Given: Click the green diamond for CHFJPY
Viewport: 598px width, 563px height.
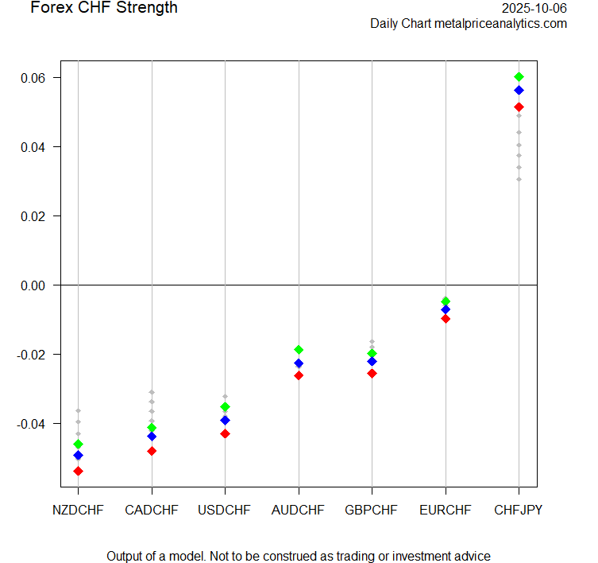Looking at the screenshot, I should tap(519, 76).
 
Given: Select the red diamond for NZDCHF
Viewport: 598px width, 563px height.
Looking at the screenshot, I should tap(78, 471).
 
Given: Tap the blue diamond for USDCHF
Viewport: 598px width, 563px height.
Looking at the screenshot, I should tap(225, 420).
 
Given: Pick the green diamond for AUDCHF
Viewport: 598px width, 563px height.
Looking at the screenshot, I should tap(299, 349).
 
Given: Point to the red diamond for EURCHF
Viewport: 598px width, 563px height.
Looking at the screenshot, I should tap(446, 318).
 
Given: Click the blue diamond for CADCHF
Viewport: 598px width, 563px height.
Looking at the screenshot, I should tap(152, 436).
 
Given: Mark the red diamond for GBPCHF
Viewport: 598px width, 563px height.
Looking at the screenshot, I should tap(372, 373).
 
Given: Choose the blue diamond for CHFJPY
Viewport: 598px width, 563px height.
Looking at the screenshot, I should tap(519, 90).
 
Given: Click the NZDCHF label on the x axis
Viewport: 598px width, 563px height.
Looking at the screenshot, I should tap(78, 510).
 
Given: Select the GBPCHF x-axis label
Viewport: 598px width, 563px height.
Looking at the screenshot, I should tap(372, 510).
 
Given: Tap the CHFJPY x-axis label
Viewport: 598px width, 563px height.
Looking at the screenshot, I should tap(519, 510).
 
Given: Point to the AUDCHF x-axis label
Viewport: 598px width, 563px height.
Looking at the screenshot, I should tap(299, 510).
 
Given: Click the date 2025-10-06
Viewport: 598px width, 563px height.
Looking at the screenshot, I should tap(534, 8).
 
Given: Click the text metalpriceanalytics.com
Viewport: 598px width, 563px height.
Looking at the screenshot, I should tap(500, 24).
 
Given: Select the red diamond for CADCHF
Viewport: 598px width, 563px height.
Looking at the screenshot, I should tap(152, 451).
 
